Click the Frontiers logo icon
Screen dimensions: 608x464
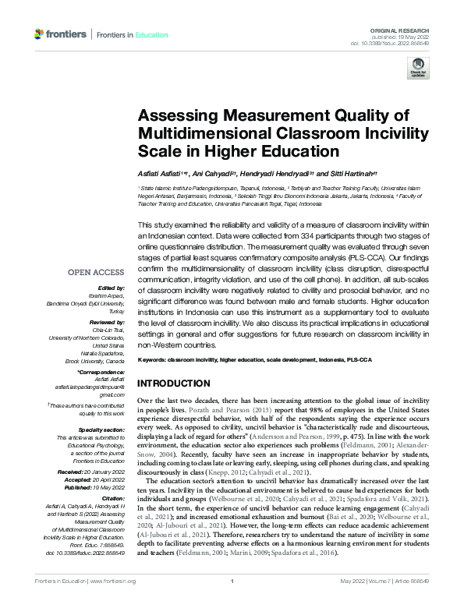tap(40, 34)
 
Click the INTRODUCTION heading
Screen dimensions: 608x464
tap(175, 384)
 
